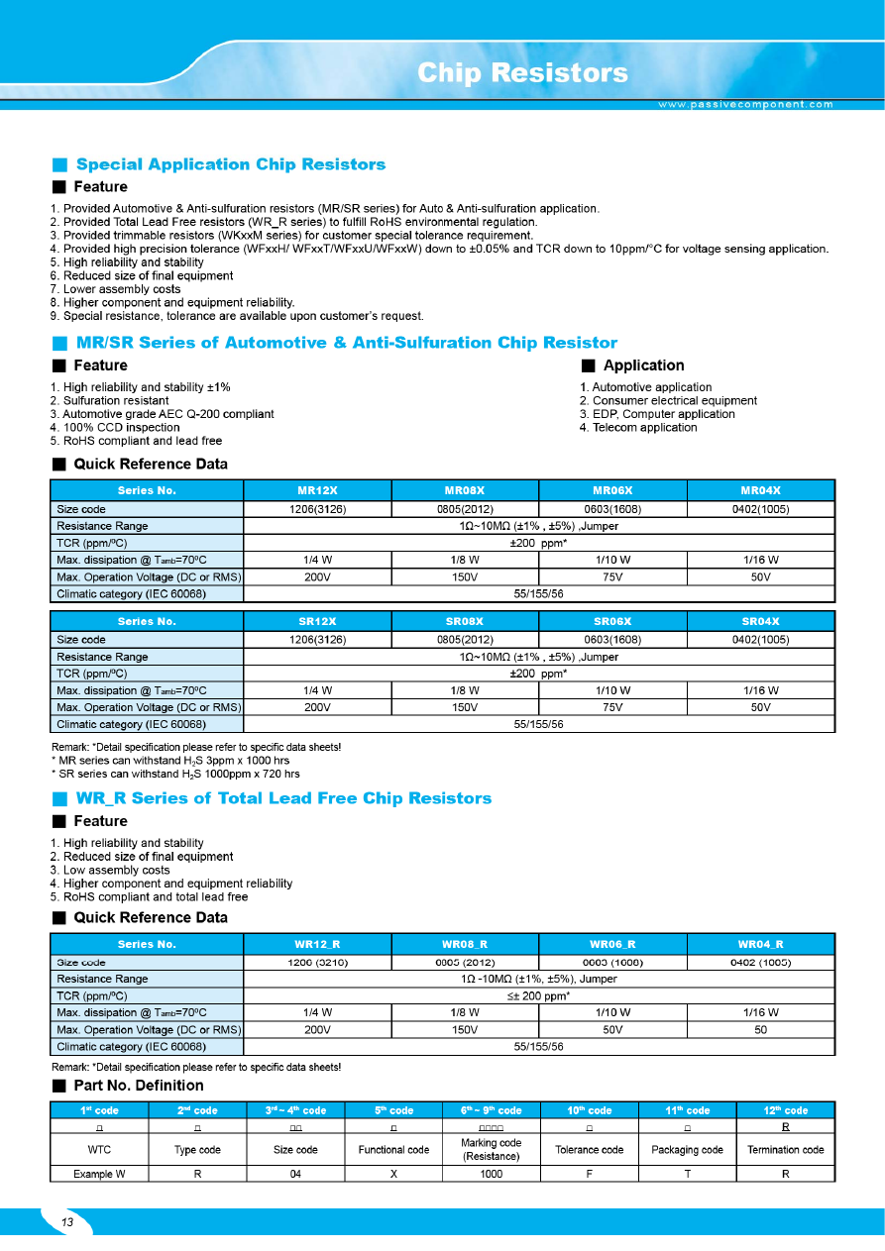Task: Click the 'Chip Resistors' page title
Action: [x=522, y=73]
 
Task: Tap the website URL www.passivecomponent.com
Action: [x=745, y=104]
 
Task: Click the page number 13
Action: [x=67, y=1222]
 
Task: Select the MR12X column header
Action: [x=317, y=490]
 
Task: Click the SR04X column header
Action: [x=760, y=621]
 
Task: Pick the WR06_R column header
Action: [x=612, y=944]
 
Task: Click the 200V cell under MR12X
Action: [x=317, y=576]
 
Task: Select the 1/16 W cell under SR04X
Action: [x=760, y=690]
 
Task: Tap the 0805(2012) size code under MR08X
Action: [x=465, y=509]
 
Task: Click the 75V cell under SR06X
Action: [x=612, y=707]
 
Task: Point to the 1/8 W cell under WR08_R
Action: [x=465, y=1012]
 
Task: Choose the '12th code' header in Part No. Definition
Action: [x=786, y=1110]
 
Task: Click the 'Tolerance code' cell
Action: [x=590, y=1150]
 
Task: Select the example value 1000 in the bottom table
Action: [x=491, y=1174]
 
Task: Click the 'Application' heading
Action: [x=643, y=365]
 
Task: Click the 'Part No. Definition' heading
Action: [x=139, y=1086]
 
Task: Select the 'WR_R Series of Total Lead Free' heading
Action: [x=283, y=798]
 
